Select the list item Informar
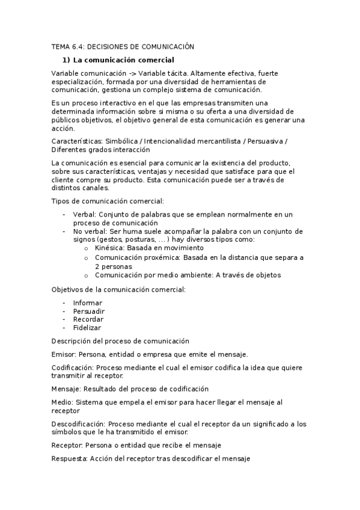pos(88,303)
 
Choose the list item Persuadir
pos(89,311)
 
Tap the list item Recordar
pos(88,319)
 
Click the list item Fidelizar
pos(87,328)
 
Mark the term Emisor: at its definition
pos(64,354)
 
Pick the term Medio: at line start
pos(63,402)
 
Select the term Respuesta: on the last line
pos(70,458)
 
